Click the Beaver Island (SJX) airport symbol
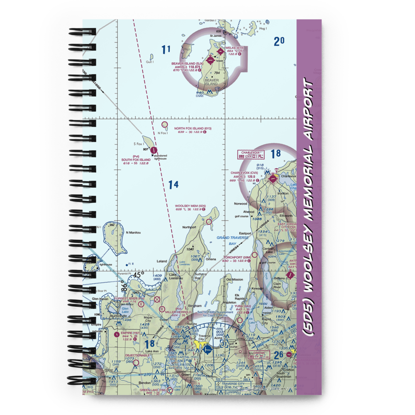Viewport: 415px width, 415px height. click(x=210, y=60)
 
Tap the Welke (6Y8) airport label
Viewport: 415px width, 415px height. click(x=235, y=48)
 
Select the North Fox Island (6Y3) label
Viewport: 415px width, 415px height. click(x=193, y=129)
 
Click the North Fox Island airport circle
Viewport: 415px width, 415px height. click(x=165, y=124)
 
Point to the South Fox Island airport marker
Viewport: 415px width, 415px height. click(x=154, y=150)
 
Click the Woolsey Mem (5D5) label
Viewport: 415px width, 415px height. click(x=190, y=206)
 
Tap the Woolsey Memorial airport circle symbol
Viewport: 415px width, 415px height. click(x=209, y=222)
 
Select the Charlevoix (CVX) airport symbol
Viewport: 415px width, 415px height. click(x=273, y=179)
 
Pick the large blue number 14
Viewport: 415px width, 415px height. click(x=173, y=185)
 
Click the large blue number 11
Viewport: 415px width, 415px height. click(x=166, y=50)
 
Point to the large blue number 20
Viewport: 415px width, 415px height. click(x=279, y=41)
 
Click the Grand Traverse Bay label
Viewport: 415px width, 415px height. click(x=232, y=241)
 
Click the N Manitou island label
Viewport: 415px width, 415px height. click(x=134, y=233)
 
